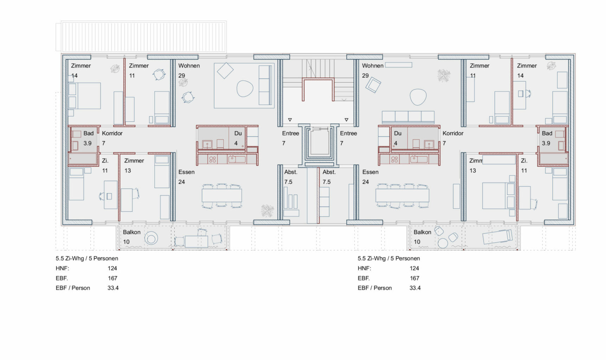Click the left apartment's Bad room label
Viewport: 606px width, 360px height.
coord(89,133)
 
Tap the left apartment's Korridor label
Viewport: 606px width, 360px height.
coord(112,133)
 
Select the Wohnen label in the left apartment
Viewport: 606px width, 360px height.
coord(189,66)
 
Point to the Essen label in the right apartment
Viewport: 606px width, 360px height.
coord(370,172)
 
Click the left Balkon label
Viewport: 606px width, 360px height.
coord(132,232)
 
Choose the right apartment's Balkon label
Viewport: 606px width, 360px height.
coord(422,232)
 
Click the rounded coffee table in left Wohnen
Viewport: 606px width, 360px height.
coord(245,89)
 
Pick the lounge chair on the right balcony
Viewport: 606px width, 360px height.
coord(497,237)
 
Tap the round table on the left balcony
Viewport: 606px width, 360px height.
coord(151,239)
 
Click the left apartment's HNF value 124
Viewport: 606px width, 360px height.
coord(112,268)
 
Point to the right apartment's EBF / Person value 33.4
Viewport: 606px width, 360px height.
coord(415,288)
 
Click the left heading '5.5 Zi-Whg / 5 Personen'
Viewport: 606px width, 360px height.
coord(87,258)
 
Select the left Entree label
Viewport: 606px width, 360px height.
coord(291,133)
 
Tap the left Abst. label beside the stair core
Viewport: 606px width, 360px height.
coord(291,172)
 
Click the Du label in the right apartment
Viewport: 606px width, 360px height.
coord(398,133)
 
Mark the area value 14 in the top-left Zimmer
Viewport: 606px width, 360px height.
coord(74,76)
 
